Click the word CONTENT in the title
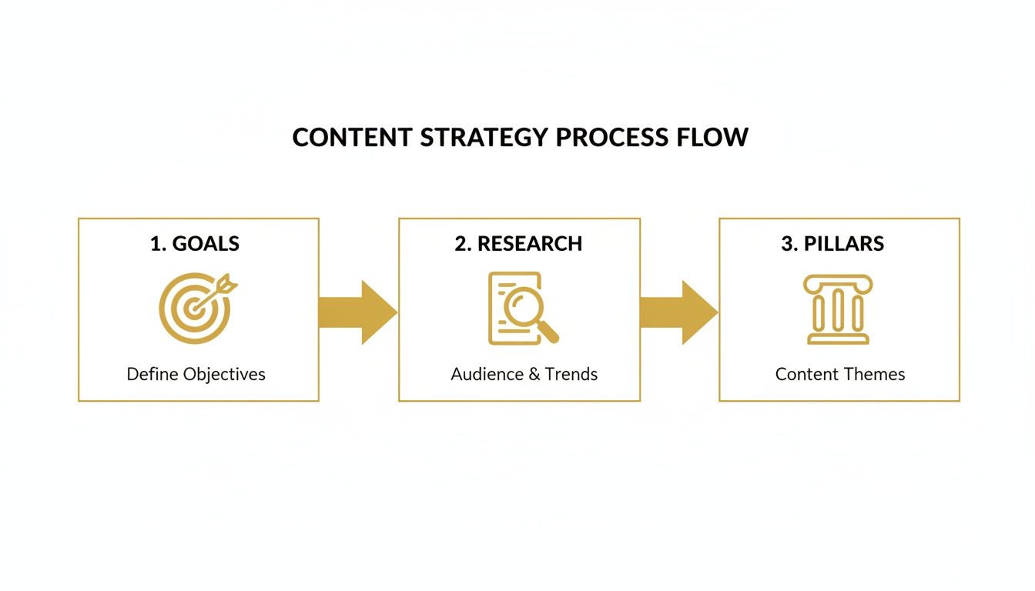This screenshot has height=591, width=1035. pos(353,137)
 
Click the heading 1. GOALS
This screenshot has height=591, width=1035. pos(195,244)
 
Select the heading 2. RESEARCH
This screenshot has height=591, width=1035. pos(518,244)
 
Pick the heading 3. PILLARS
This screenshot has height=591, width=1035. pos(832,244)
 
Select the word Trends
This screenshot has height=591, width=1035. pos(571,375)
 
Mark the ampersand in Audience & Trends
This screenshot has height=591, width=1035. pos(534,375)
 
